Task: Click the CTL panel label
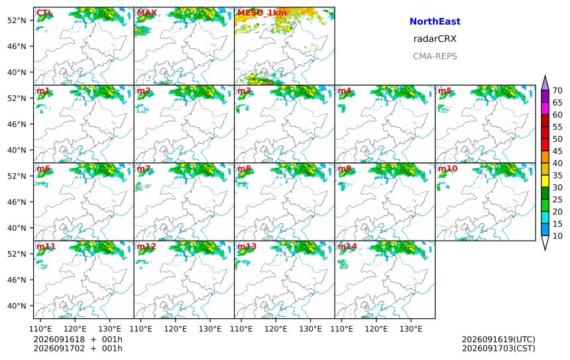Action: coord(44,13)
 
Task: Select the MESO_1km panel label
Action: coord(262,13)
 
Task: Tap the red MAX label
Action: coord(147,13)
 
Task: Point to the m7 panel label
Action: coord(144,168)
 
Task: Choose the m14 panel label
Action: coord(347,247)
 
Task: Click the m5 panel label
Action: coord(445,91)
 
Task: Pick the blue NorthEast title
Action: coord(435,21)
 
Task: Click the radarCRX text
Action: coord(435,39)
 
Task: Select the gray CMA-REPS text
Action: coord(435,56)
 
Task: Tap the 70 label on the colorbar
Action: coord(557,91)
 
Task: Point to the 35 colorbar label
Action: coord(557,175)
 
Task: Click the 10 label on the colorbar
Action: coord(557,236)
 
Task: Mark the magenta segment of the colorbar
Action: coord(545,109)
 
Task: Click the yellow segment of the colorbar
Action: coord(545,182)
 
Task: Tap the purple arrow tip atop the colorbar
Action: coord(545,76)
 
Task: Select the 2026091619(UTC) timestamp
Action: coord(498,339)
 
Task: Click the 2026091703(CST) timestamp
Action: coord(498,348)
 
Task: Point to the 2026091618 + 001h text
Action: coord(78,339)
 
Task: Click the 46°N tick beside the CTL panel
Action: coord(17,46)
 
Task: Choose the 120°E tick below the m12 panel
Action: coord(176,329)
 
